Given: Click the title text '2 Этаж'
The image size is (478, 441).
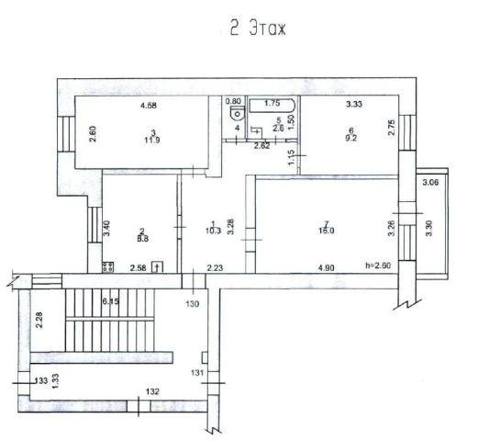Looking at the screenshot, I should (x=258, y=28).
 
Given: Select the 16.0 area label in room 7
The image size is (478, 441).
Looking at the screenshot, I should (x=327, y=231).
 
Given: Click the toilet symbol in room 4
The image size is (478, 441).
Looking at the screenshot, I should (x=236, y=116).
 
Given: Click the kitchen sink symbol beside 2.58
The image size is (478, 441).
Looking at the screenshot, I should (x=157, y=267).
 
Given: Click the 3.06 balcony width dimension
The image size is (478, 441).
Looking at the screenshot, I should (x=430, y=183).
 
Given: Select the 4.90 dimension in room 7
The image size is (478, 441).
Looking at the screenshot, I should (x=327, y=267).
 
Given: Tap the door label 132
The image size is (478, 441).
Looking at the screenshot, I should (x=151, y=392).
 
